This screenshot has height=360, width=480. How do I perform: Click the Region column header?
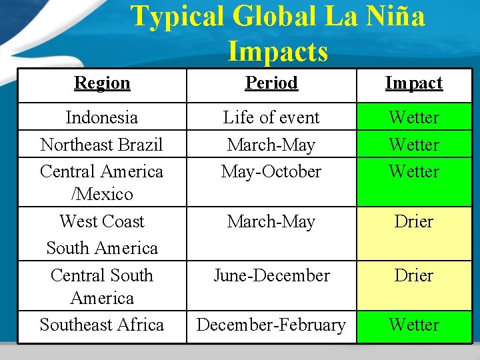pos(102,83)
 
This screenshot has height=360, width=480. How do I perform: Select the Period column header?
pos(271,83)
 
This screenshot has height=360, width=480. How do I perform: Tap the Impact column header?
pos(413,83)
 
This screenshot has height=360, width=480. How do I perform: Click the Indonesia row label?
pos(102,118)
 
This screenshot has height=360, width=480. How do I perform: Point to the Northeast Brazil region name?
pos(102,145)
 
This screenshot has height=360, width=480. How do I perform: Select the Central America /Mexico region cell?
pos(102,183)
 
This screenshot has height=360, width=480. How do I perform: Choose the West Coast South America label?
pos(102,235)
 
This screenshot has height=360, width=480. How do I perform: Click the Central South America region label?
pos(102,287)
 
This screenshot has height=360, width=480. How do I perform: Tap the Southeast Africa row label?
pos(102,325)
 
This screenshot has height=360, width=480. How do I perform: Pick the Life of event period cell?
pos(271,118)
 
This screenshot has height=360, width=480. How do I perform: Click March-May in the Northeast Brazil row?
pos(271,145)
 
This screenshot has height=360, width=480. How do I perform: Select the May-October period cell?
pos(271,171)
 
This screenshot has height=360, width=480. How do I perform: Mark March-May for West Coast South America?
pos(271,221)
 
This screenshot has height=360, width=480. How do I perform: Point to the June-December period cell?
pos(271,275)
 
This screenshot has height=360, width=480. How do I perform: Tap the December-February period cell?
pos(271,325)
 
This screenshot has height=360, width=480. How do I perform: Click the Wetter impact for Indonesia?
pos(413,118)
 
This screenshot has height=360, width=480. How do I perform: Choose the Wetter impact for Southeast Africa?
pos(413,325)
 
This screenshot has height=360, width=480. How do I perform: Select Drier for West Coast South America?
pos(413,221)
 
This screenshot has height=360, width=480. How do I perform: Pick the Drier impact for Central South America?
pos(413,275)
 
